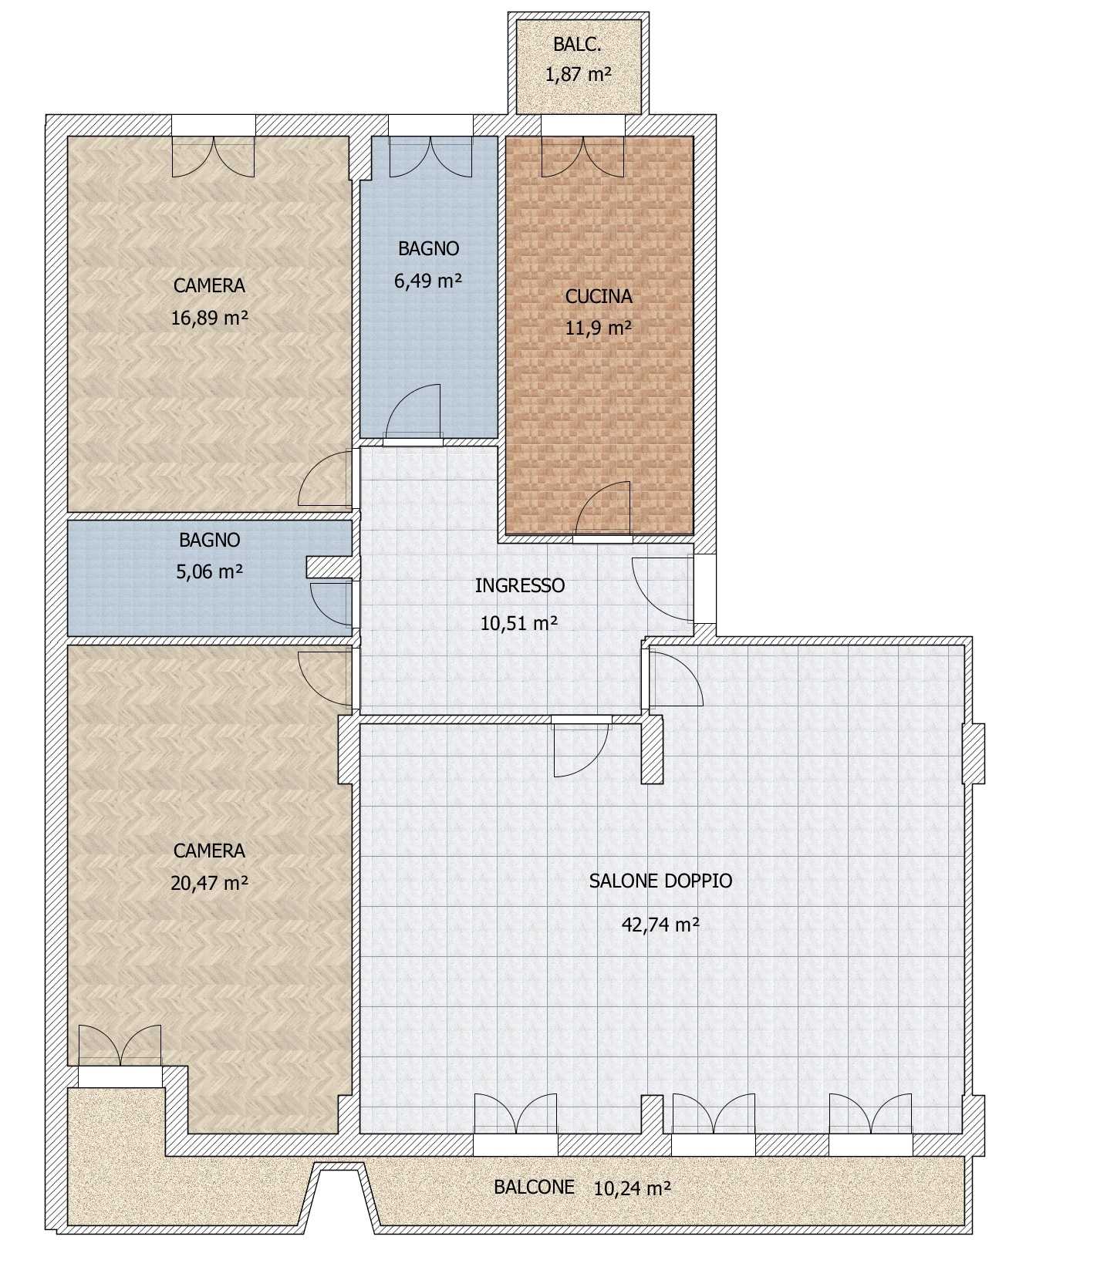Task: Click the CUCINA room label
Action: point(598,296)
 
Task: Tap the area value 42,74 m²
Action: point(660,924)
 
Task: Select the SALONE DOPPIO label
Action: point(660,881)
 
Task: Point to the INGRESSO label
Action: point(519,585)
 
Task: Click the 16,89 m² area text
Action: point(209,318)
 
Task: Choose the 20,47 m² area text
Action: point(209,882)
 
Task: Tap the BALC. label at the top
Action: point(577,44)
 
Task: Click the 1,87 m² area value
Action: point(578,75)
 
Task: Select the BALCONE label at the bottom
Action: point(534,1187)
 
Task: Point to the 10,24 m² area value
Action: point(632,1188)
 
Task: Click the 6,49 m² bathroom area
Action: point(428,280)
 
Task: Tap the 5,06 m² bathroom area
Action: point(210,571)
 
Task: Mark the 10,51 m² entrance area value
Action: point(519,622)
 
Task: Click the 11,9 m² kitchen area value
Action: point(598,328)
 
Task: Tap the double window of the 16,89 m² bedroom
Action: point(213,157)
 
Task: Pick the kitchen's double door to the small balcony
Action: point(583,157)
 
